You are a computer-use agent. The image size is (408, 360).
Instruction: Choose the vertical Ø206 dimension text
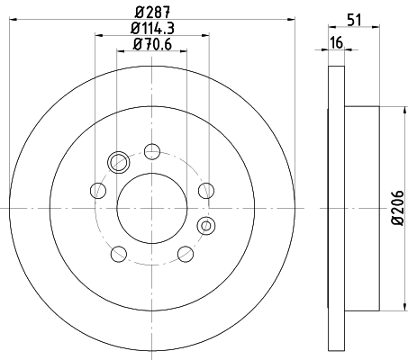(396, 213)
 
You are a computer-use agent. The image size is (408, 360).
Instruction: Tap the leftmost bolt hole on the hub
(97, 189)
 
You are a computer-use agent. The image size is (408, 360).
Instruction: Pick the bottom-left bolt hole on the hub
(118, 253)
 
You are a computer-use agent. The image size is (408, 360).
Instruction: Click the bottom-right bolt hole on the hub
(186, 253)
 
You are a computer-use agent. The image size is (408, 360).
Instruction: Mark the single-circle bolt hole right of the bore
(206, 189)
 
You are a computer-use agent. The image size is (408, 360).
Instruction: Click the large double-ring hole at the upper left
(117, 162)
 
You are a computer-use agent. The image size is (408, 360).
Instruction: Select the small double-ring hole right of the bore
(205, 225)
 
